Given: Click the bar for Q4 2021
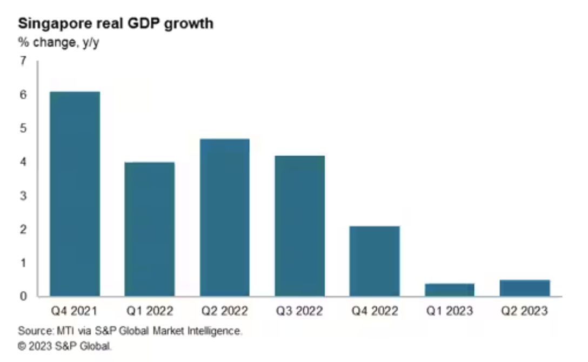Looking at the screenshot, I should (x=75, y=194).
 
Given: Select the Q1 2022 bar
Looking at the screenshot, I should (x=150, y=229).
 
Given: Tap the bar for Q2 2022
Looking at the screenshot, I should (x=224, y=218).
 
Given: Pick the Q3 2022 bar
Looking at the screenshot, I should (x=299, y=226).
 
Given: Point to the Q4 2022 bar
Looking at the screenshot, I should (x=375, y=261).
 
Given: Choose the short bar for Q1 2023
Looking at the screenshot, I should (x=450, y=290).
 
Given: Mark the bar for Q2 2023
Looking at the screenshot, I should (x=525, y=288).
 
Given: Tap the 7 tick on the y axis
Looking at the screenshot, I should (x=23, y=61).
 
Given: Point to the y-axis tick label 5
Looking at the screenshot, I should (x=23, y=129).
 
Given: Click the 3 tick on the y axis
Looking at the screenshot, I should (x=23, y=196).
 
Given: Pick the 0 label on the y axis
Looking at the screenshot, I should (x=23, y=296).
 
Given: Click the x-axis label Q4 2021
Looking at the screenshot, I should (x=74, y=311).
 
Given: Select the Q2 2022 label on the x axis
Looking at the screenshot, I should (x=224, y=311).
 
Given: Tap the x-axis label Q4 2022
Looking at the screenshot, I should (x=375, y=311).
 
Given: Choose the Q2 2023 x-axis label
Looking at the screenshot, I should (x=525, y=311).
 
